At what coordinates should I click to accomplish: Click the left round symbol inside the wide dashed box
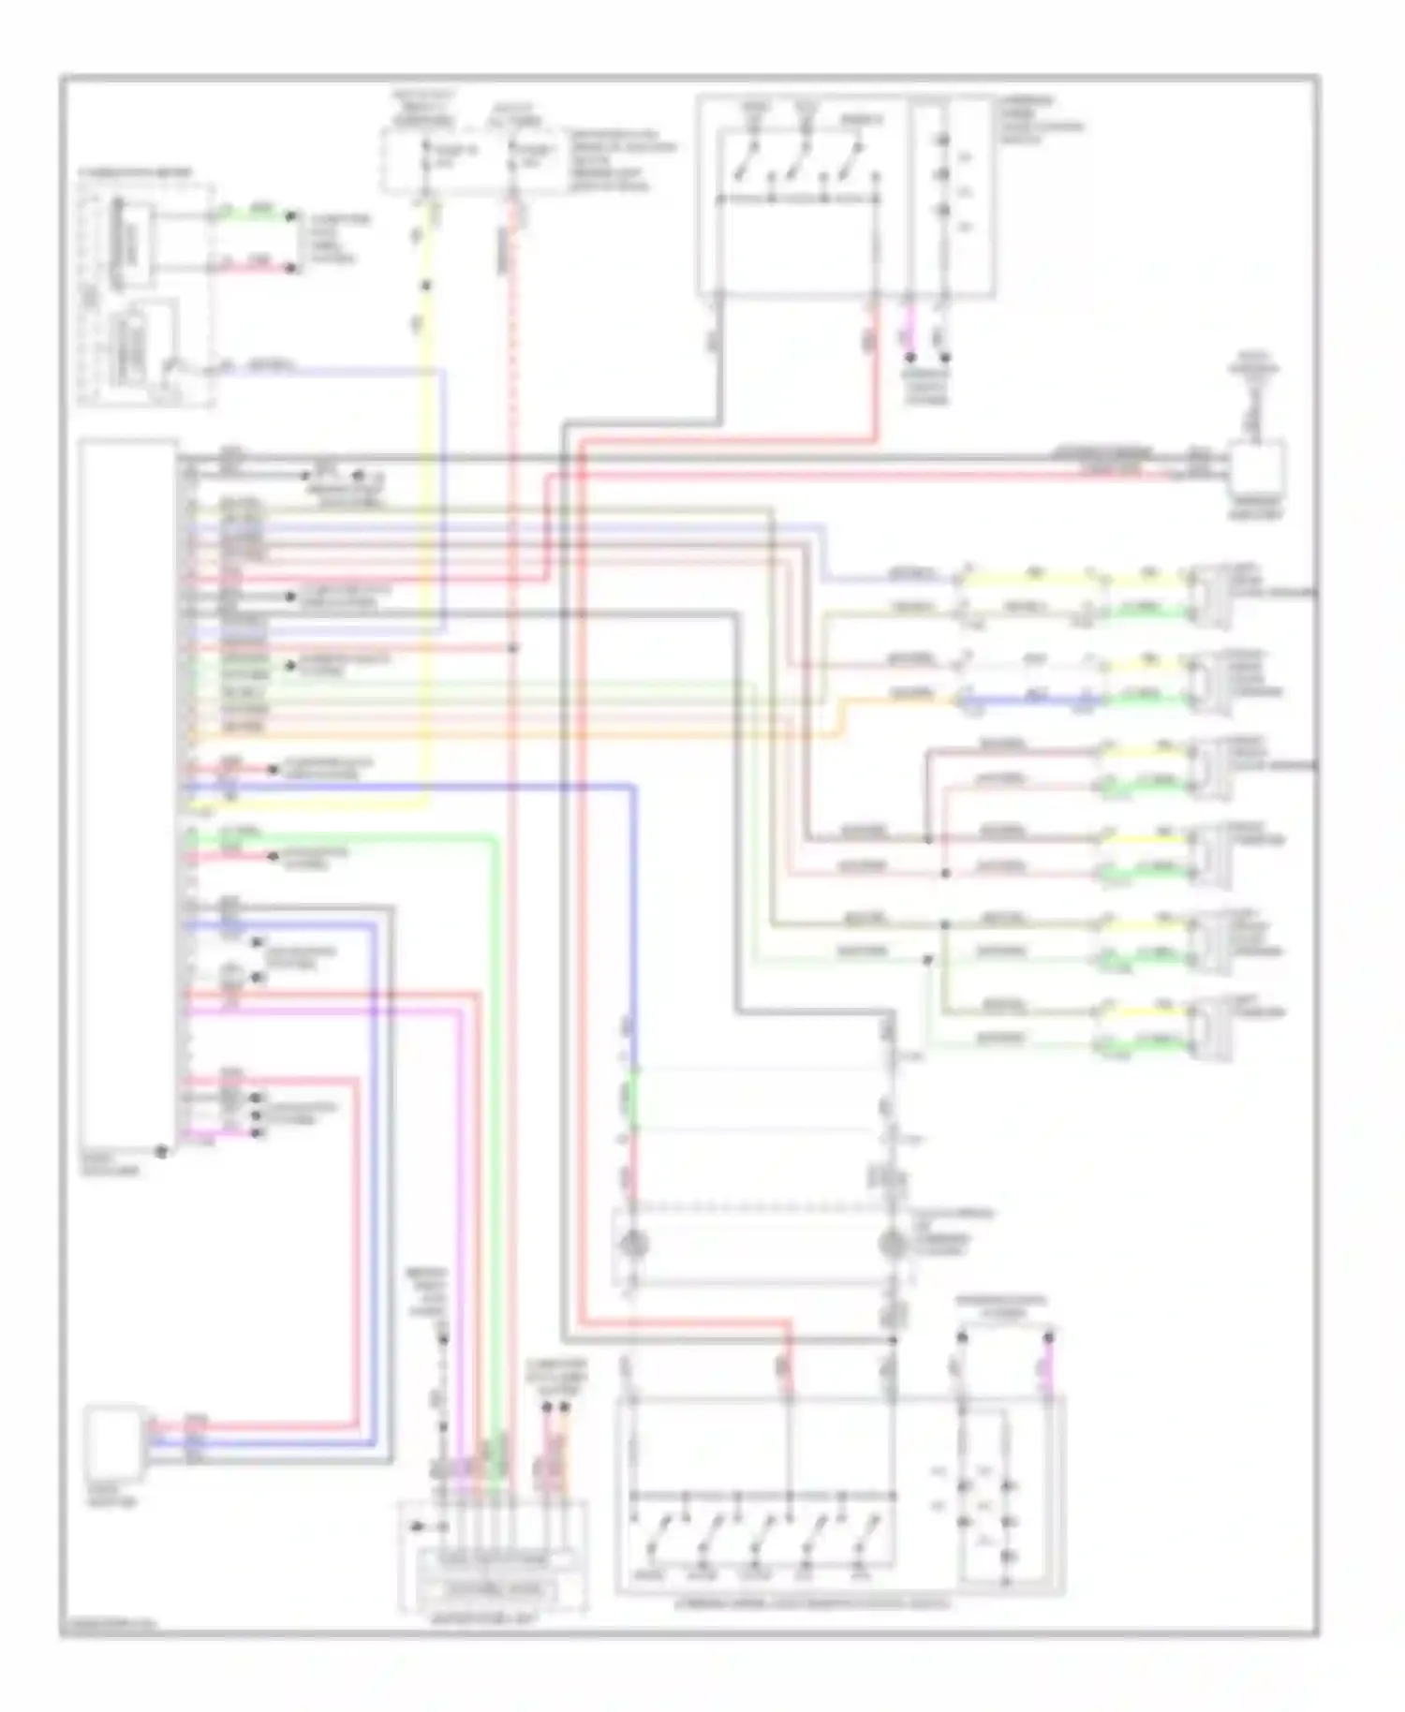pyautogui.click(x=635, y=1245)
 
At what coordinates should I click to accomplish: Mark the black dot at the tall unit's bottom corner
pyautogui.click(x=161, y=1151)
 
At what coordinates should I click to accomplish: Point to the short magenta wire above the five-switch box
pyautogui.click(x=1049, y=1365)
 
